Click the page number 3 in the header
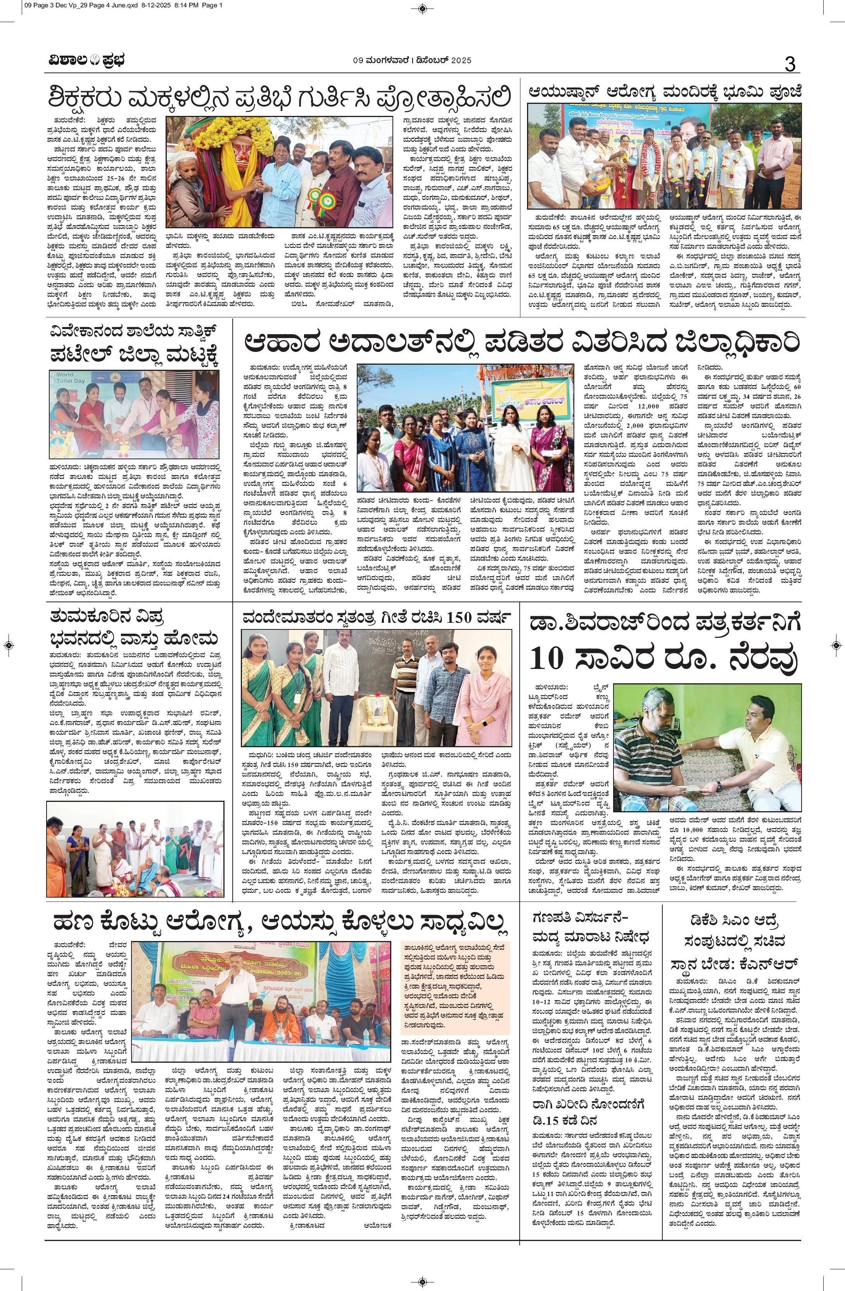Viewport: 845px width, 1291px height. (789, 64)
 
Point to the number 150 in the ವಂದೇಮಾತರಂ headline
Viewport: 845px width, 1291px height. (461, 619)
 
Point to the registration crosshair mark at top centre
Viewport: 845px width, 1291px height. (423, 9)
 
